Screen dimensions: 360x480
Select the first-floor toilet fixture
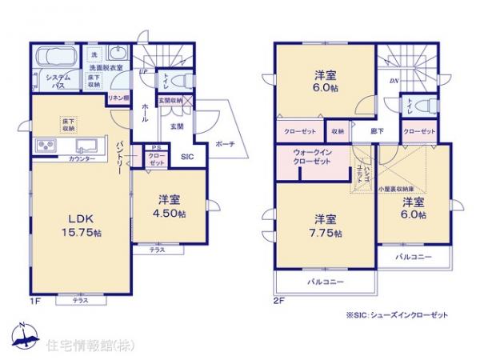pos(182,81)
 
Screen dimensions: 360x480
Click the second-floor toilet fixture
pos(425,105)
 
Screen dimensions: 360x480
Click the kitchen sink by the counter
pos(86,146)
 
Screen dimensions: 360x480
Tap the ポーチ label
pos(224,144)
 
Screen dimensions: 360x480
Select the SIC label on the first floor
pos(186,157)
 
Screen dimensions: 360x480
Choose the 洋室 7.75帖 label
pos(327,226)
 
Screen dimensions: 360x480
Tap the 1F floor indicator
pos(35,301)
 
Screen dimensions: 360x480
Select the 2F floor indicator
pos(278,301)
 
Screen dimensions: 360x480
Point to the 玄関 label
pos(177,126)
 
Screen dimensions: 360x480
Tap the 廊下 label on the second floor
pos(377,130)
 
